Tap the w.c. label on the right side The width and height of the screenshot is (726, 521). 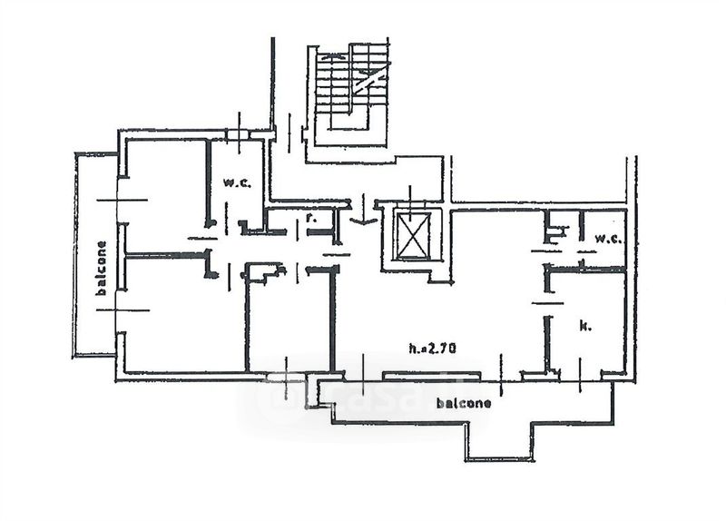[x=607, y=239]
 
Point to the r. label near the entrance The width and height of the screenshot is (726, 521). [x=310, y=219]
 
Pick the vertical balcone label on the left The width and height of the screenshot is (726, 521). [x=101, y=268]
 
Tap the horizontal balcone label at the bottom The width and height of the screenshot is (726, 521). [x=463, y=402]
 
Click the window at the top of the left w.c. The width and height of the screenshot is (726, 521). [x=238, y=135]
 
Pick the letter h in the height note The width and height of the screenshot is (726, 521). [x=412, y=347]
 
